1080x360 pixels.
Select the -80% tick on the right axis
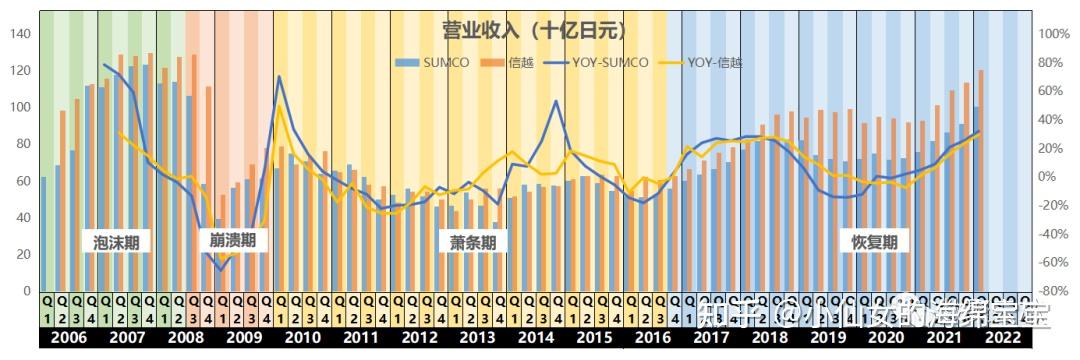(1054, 291)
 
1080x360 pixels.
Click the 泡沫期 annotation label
(116, 241)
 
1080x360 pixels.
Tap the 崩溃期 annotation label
(233, 240)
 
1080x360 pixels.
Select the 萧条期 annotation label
(472, 241)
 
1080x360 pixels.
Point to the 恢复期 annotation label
(874, 241)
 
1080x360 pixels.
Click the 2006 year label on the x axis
(68, 338)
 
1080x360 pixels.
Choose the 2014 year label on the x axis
(536, 338)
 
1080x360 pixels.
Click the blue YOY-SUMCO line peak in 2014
(556, 100)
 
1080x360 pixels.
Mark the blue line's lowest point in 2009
(222, 270)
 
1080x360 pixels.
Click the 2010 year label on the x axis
(302, 338)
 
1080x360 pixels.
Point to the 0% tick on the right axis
(1054, 176)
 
